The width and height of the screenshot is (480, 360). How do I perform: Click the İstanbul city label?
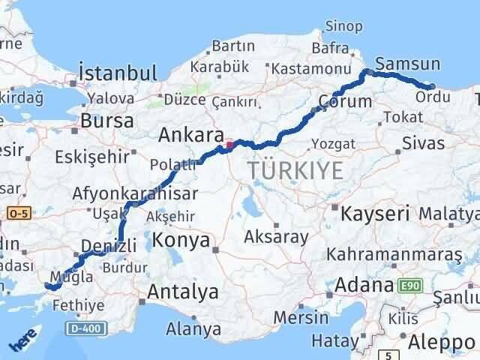(118, 73)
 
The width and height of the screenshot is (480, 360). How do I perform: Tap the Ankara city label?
(191, 136)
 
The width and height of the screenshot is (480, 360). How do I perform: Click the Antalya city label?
(183, 291)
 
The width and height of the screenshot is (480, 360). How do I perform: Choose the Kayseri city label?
(375, 213)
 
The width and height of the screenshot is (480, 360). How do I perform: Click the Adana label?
(365, 285)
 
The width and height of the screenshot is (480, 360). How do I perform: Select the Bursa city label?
(106, 120)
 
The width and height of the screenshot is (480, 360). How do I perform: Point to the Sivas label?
(423, 142)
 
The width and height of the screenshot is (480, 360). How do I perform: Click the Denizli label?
(109, 245)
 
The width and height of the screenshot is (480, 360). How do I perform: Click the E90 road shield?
(409, 286)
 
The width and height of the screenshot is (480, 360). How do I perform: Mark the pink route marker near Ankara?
(229, 145)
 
